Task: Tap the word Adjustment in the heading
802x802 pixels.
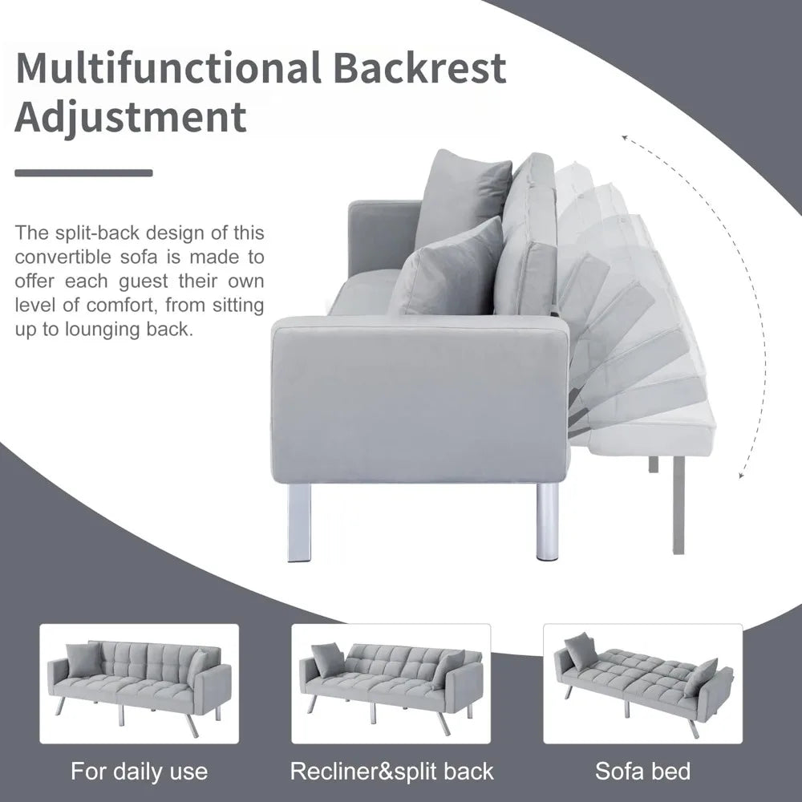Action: pos(132,117)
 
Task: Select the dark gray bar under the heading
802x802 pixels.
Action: pos(83,172)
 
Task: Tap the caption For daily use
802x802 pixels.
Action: pos(139,772)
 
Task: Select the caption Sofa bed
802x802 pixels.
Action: pos(642,772)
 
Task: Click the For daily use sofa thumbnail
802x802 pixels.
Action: pos(139,683)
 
